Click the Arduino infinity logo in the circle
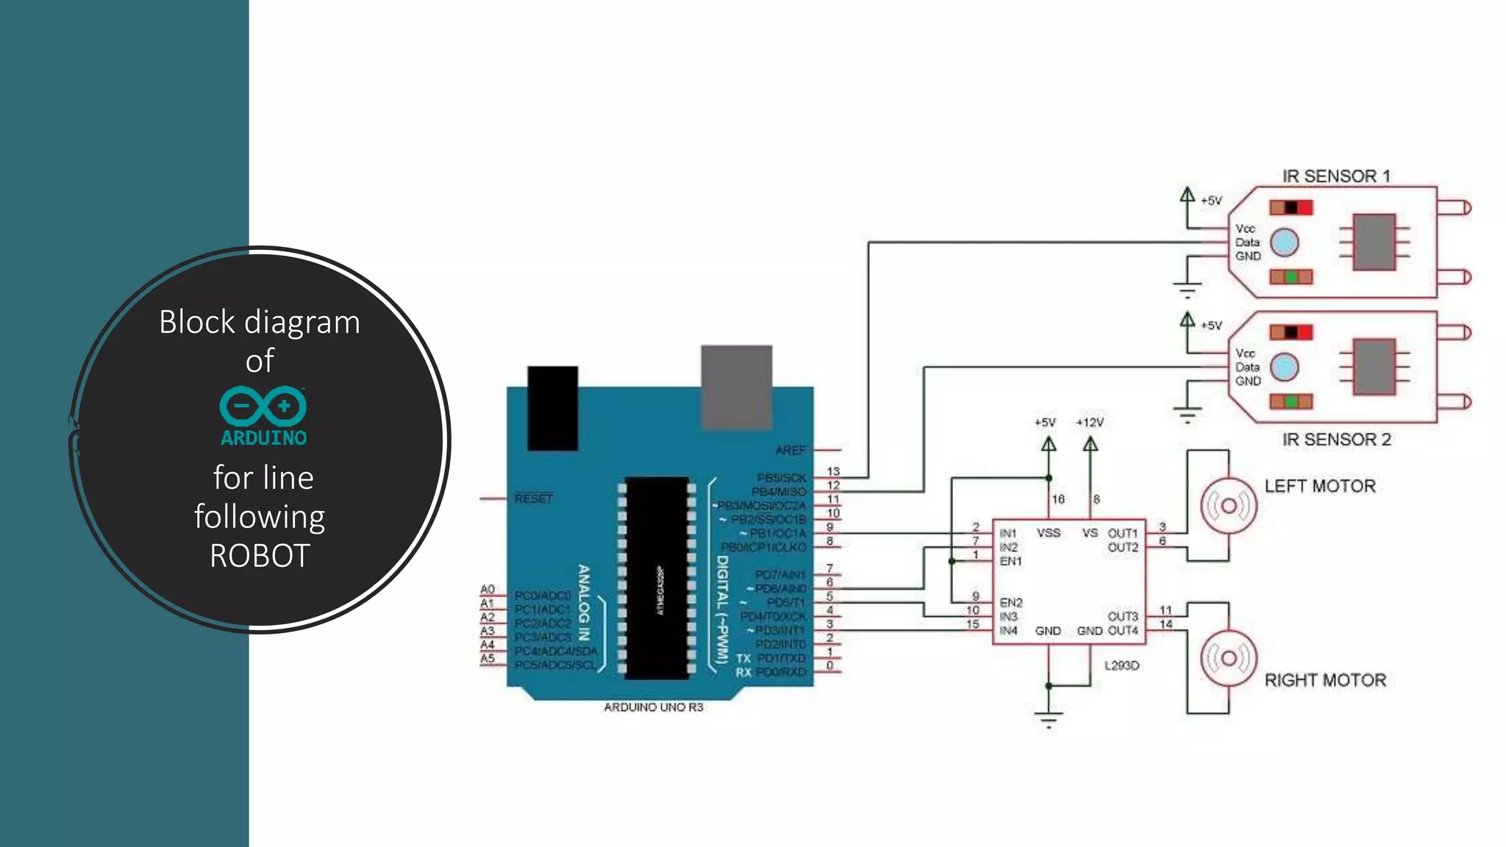[x=263, y=405]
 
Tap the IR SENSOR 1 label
[x=1336, y=176]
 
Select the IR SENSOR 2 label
[x=1336, y=440]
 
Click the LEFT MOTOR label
[x=1319, y=486]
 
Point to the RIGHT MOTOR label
[x=1325, y=680]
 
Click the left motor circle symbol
[x=1228, y=506]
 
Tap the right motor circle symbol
[x=1228, y=658]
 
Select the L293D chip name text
[x=1121, y=665]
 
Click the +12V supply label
[x=1090, y=423]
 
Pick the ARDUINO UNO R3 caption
[x=653, y=707]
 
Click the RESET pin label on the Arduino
[x=533, y=498]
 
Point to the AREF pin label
[x=791, y=450]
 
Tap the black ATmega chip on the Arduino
[x=657, y=578]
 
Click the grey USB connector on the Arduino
[x=736, y=387]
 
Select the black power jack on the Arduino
[x=552, y=408]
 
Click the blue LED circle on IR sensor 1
[x=1284, y=243]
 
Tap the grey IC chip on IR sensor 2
[x=1374, y=367]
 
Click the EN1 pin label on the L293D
[x=1010, y=561]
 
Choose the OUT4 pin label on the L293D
[x=1123, y=631]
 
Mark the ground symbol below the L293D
[x=1049, y=718]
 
